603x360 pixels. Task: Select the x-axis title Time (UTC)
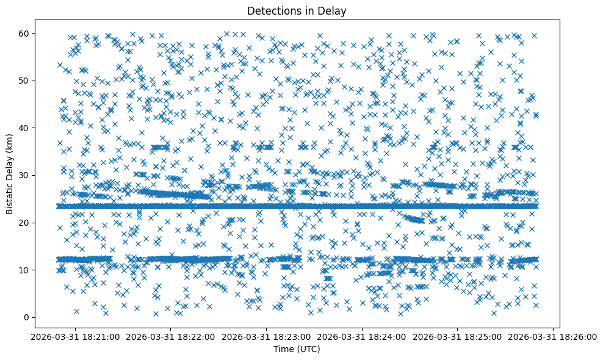297,350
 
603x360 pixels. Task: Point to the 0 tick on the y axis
27,317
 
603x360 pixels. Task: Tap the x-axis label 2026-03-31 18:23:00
266,336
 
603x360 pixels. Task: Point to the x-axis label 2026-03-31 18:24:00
363,336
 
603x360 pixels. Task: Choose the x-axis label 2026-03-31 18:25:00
458,336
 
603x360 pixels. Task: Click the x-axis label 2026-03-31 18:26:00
554,336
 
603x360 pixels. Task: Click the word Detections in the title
272,10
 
